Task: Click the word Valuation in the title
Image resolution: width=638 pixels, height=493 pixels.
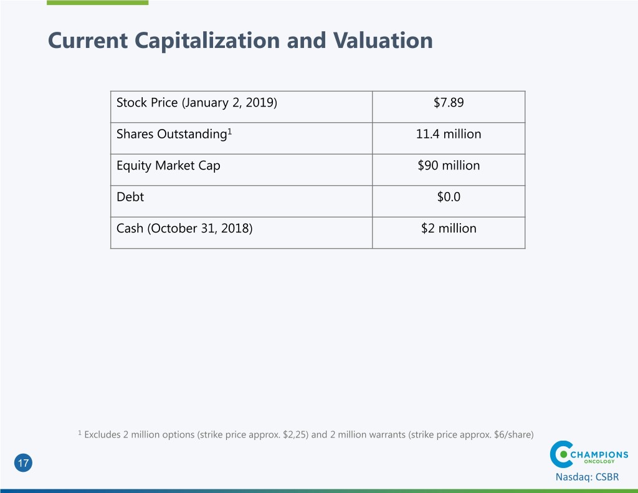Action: click(x=382, y=41)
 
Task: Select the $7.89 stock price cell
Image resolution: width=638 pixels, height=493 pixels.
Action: click(x=449, y=102)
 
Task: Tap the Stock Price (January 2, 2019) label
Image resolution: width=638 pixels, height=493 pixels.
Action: click(x=197, y=102)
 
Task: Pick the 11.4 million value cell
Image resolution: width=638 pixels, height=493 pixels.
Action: click(x=449, y=134)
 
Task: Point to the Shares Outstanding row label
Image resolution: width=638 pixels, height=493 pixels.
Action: click(x=170, y=134)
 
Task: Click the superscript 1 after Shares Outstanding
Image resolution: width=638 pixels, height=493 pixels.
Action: click(x=229, y=130)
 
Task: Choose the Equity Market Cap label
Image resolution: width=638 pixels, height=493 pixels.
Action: click(x=168, y=166)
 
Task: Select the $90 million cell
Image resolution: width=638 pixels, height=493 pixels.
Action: click(x=449, y=166)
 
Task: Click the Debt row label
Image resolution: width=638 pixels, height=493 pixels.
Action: click(x=130, y=197)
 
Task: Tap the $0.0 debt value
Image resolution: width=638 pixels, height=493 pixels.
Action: click(x=449, y=197)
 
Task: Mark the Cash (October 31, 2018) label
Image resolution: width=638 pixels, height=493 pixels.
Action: click(x=184, y=228)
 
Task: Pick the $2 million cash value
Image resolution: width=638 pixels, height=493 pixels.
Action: click(x=449, y=228)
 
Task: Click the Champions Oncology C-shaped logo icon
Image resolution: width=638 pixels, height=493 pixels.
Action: click(x=562, y=454)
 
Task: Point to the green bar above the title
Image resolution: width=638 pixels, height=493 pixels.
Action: click(x=98, y=2)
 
